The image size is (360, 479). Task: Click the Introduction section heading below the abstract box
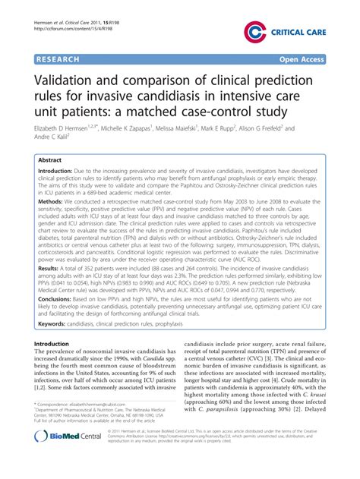tap(56, 344)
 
